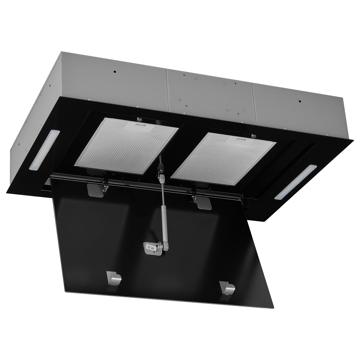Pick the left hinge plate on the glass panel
[x=95, y=190]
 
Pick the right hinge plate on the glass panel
[x=203, y=203]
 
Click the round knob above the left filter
[x=139, y=119]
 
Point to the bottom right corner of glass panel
[x=273, y=308]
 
